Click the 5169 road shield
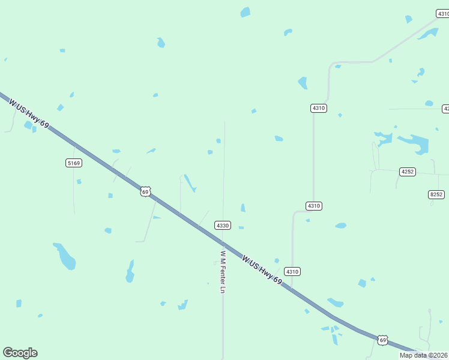click(x=74, y=163)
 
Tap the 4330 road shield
click(x=223, y=225)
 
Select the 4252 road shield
click(x=408, y=172)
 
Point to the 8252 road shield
click(x=436, y=194)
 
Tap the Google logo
click(x=20, y=353)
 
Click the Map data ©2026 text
click(x=424, y=355)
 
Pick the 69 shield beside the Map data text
click(x=383, y=340)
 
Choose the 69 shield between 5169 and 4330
click(x=145, y=191)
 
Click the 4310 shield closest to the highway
click(x=292, y=271)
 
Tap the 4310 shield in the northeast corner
click(x=442, y=13)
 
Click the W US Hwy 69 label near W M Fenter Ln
click(x=262, y=270)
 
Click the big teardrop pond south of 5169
click(x=65, y=256)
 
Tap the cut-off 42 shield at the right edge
click(x=445, y=109)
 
